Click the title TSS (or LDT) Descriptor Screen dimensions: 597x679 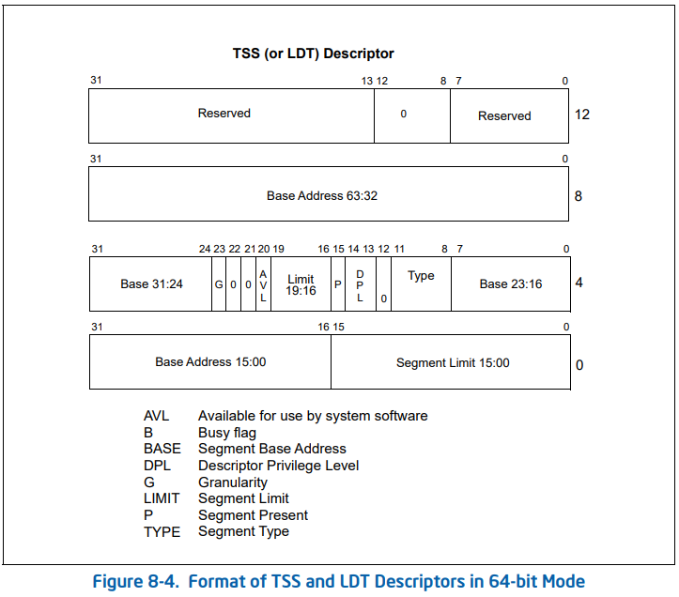[314, 54]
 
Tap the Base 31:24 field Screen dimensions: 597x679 [150, 283]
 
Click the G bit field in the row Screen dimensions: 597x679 [219, 283]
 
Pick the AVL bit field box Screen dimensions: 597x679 [263, 283]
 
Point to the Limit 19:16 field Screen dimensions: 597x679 [301, 284]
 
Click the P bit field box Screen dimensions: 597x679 [338, 283]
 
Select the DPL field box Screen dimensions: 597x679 [360, 283]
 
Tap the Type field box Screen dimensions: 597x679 [421, 276]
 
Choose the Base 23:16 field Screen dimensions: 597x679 [510, 283]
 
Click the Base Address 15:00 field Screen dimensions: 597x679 [210, 361]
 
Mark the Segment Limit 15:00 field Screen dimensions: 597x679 [453, 362]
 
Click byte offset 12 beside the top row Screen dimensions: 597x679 [582, 115]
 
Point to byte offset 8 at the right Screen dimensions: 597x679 [579, 196]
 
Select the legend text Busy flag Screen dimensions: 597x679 [227, 433]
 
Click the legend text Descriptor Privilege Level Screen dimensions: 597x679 [278, 466]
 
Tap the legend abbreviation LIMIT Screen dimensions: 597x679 [162, 498]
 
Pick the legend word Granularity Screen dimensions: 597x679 [233, 482]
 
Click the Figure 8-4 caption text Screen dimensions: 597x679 [338, 582]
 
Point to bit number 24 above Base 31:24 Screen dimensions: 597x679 [205, 249]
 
